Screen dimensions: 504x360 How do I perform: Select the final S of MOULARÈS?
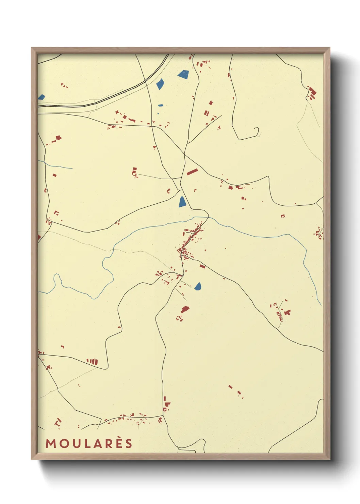128,443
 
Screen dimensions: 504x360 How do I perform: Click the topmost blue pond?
183,74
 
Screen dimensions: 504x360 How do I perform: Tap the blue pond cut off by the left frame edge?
41,97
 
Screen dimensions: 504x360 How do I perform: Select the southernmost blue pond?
198,286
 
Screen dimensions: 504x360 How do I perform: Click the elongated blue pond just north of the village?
182,202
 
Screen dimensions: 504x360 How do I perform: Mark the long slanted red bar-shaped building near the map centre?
192,172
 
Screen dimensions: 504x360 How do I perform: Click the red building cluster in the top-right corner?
312,93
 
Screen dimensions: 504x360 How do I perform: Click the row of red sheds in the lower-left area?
92,361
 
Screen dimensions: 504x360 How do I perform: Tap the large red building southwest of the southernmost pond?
184,309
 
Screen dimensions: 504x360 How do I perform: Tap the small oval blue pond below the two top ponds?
161,105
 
